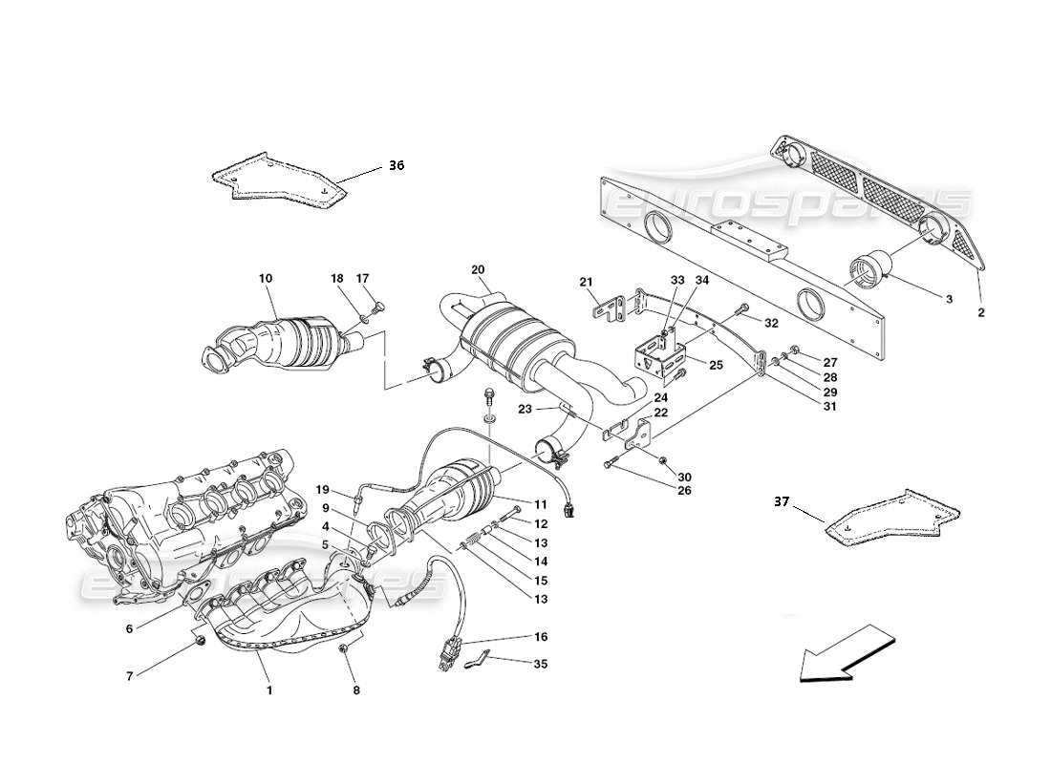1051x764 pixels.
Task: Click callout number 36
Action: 396,166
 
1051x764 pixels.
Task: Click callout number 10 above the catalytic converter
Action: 265,278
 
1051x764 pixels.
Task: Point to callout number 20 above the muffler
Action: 478,270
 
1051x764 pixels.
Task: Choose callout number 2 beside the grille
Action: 980,312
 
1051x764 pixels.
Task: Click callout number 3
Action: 949,299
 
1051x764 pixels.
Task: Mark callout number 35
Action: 542,664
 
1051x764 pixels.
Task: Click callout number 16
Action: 541,635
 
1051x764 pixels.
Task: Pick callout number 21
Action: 586,281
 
